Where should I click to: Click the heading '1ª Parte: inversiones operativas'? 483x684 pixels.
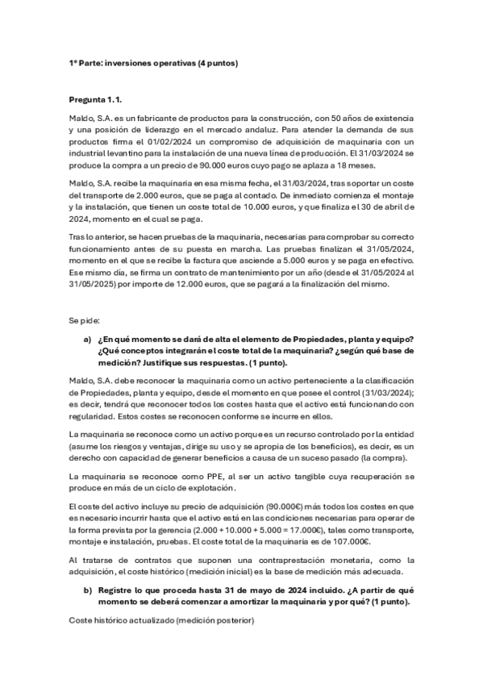point(153,62)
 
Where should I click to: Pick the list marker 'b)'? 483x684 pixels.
point(87,591)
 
